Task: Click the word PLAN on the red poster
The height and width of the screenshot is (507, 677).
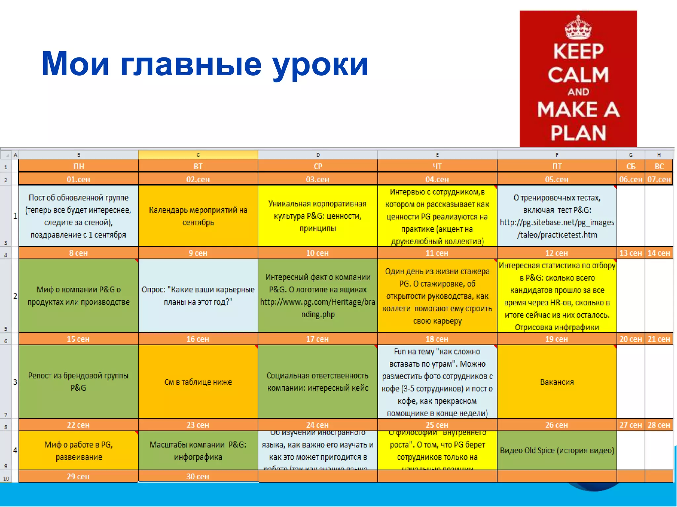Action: click(x=578, y=133)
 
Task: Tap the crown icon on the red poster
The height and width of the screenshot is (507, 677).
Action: click(x=578, y=28)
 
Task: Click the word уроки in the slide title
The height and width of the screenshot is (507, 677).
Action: click(x=320, y=64)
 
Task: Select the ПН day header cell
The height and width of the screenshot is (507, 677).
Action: click(x=78, y=166)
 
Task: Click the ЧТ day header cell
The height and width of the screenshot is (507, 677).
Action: click(x=437, y=166)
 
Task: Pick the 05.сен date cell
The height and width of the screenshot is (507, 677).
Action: click(x=557, y=179)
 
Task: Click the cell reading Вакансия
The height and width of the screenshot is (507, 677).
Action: click(x=557, y=382)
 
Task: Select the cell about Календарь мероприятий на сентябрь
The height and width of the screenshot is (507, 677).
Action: click(x=198, y=216)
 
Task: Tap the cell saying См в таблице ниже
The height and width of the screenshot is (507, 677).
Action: click(x=198, y=382)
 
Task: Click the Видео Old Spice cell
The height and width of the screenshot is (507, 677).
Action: click(x=557, y=450)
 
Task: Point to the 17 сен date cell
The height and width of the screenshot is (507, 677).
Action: click(x=317, y=339)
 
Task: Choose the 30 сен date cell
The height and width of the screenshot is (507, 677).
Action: click(x=198, y=476)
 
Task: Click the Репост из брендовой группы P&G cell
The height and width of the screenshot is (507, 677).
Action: click(x=78, y=382)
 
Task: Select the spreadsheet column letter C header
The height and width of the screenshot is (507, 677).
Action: click(x=198, y=155)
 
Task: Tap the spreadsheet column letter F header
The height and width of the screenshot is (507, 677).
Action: click(x=557, y=155)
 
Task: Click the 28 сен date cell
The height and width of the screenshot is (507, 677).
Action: click(x=658, y=425)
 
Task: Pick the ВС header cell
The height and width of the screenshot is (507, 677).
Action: click(x=659, y=166)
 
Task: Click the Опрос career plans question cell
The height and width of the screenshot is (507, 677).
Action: click(x=198, y=295)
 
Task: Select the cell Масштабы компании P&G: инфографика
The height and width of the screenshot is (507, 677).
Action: click(x=198, y=450)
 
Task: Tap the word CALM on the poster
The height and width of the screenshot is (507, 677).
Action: click(x=578, y=75)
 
